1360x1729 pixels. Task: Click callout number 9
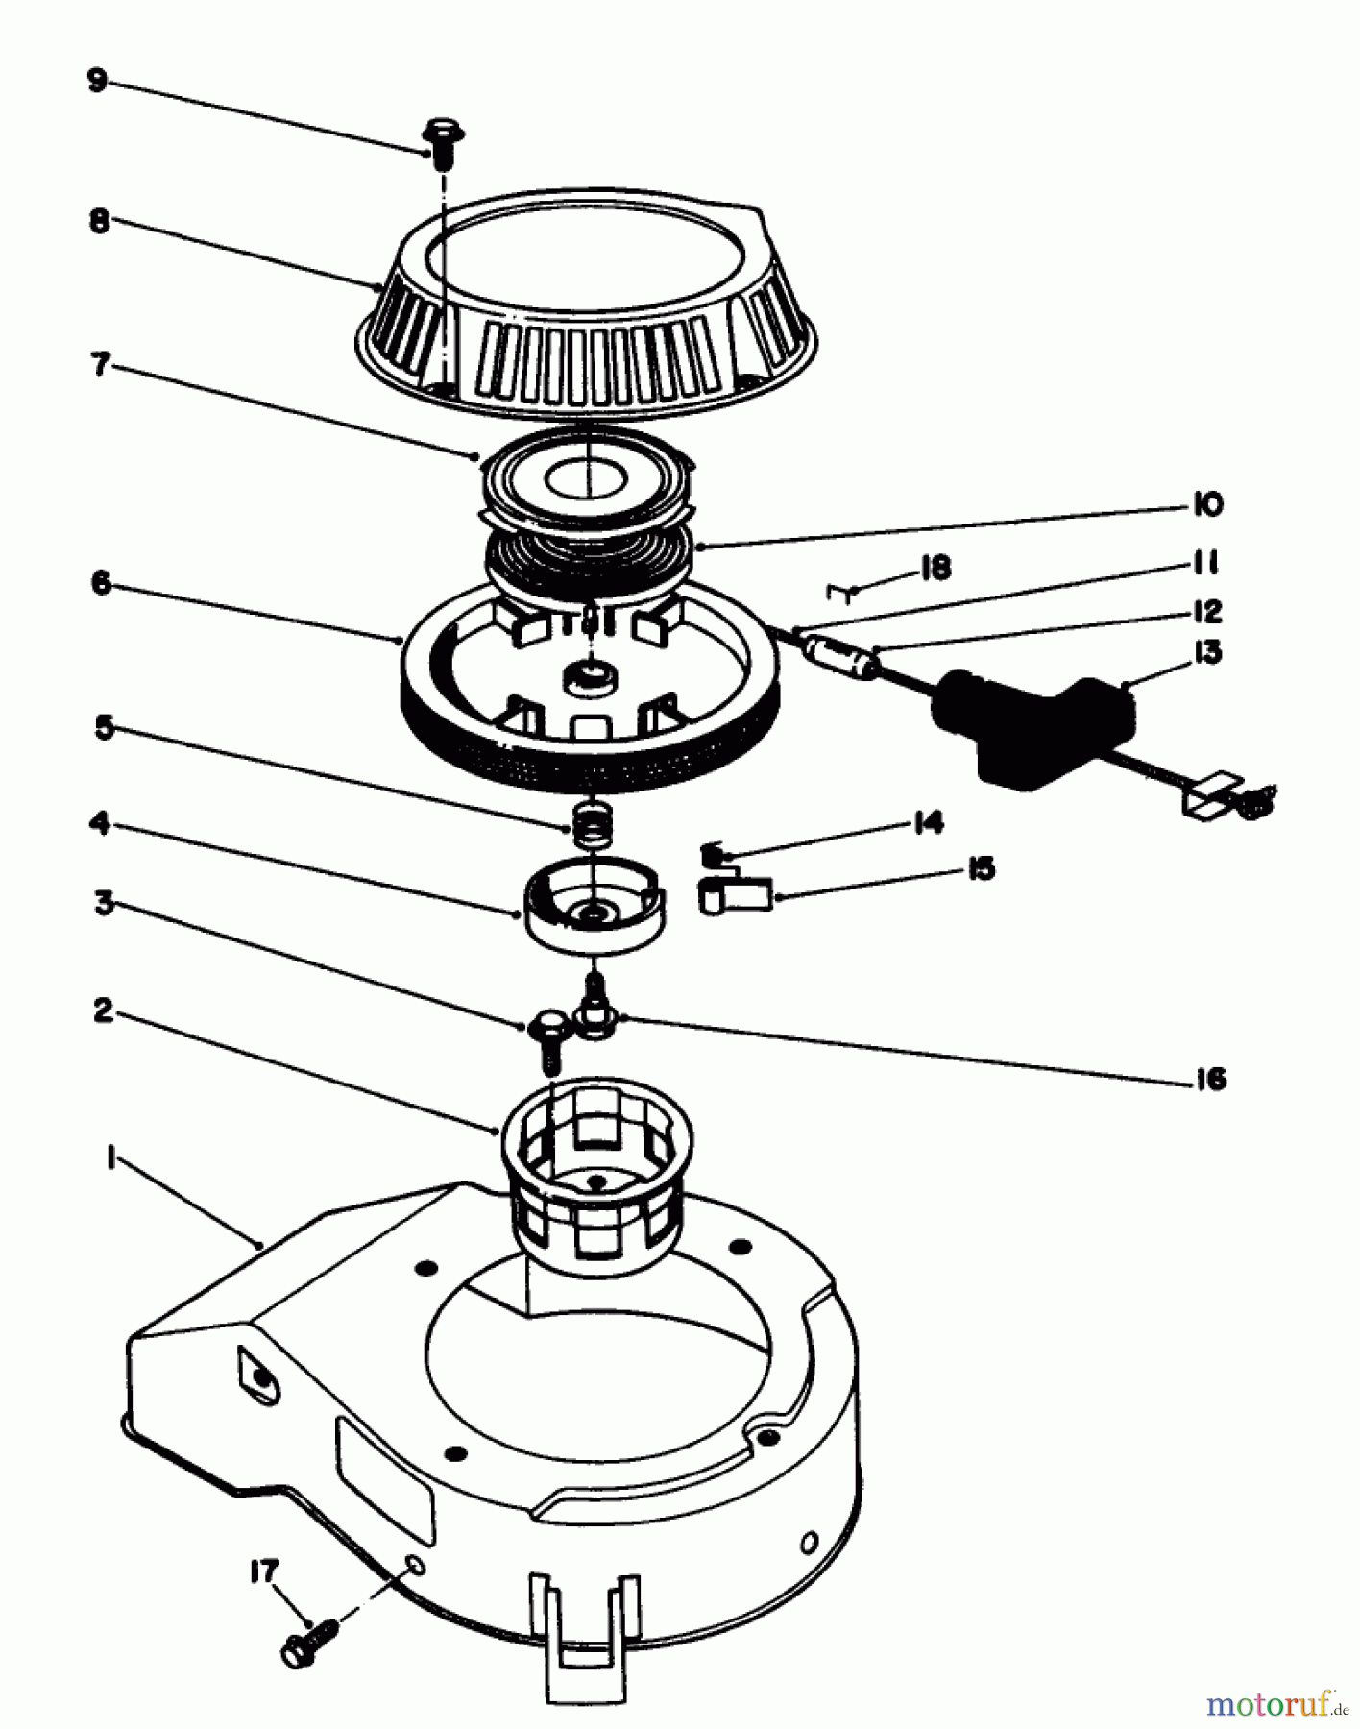click(x=97, y=81)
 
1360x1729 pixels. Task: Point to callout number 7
click(x=100, y=365)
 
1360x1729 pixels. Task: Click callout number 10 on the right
click(x=1207, y=504)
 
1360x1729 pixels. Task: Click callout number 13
click(x=1207, y=652)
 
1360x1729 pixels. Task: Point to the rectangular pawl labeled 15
click(x=738, y=896)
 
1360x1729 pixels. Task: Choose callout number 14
click(x=928, y=822)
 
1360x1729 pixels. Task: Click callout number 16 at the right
click(x=1211, y=1079)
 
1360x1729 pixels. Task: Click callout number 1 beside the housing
click(x=112, y=1160)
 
